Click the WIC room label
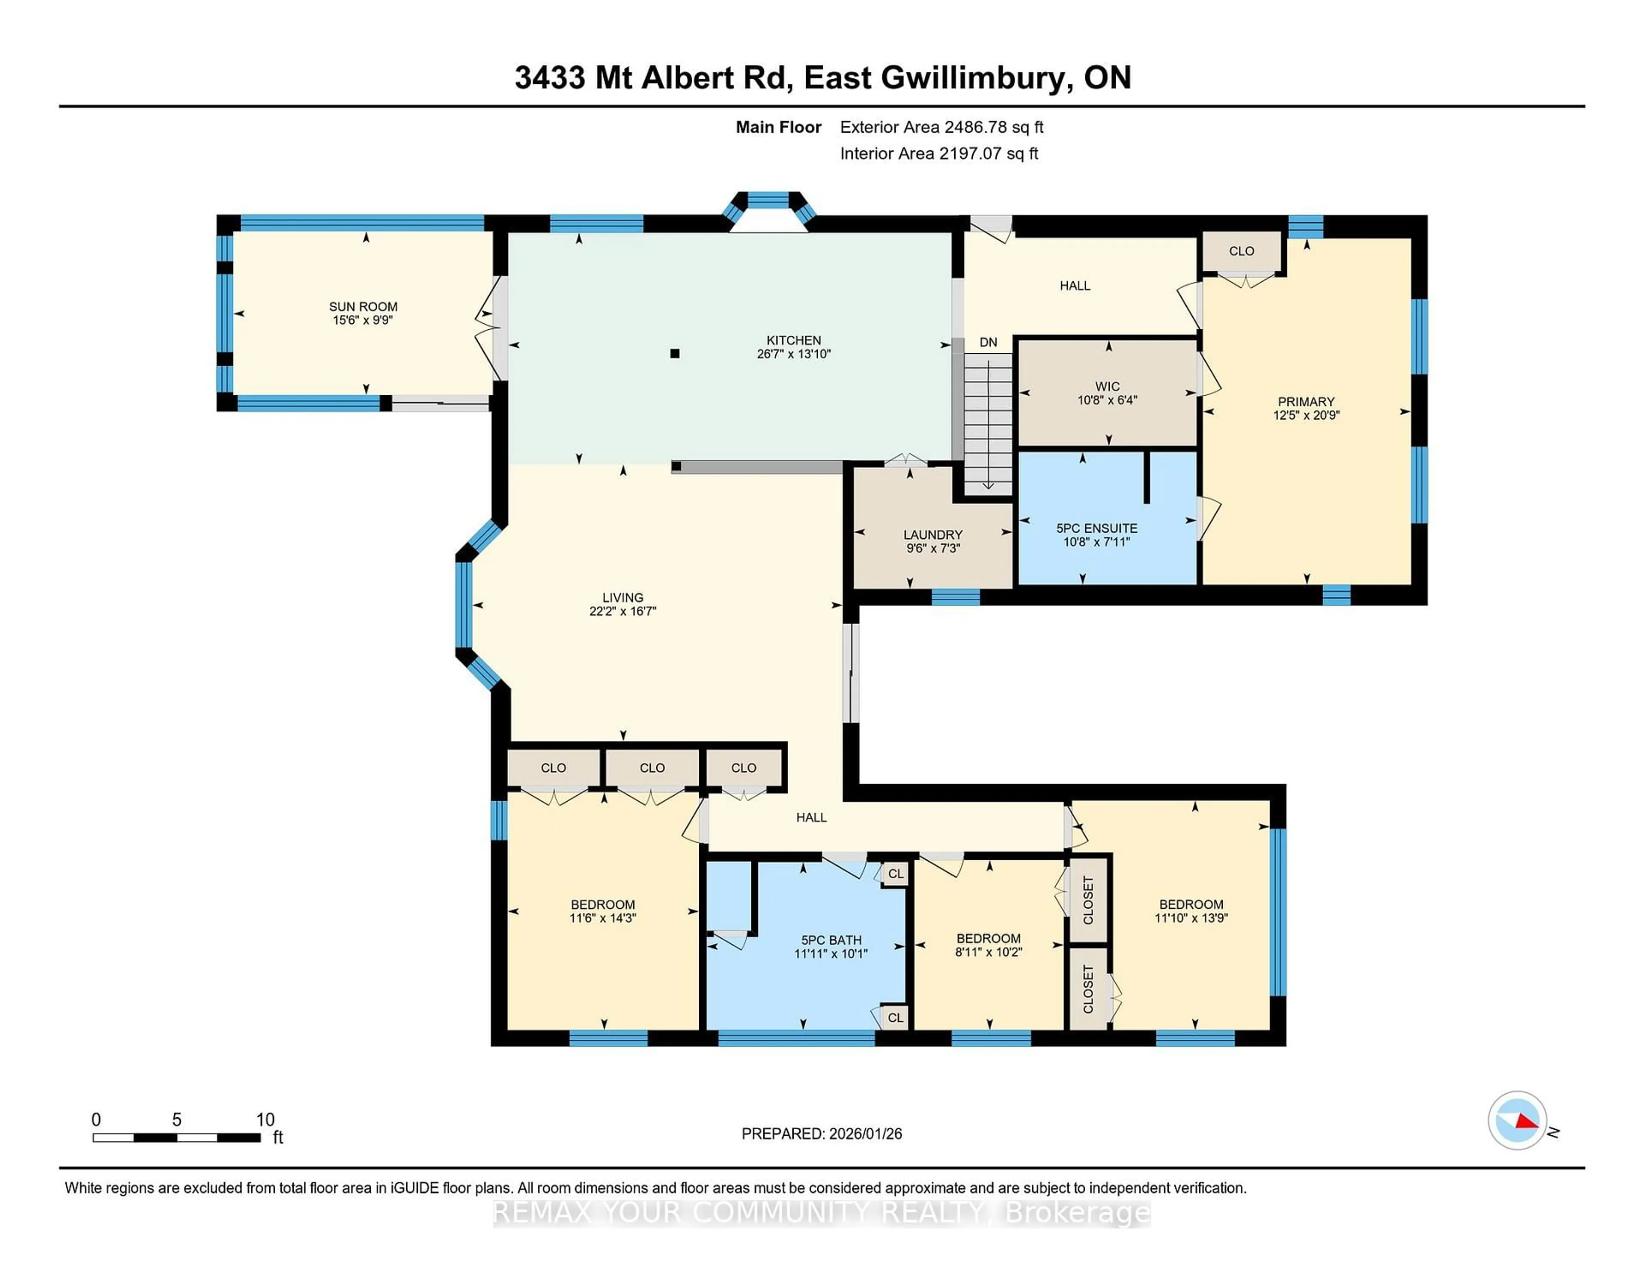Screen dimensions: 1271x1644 tap(1107, 386)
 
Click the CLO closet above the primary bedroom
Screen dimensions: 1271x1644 tap(1241, 251)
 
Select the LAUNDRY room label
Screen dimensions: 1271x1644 tap(932, 534)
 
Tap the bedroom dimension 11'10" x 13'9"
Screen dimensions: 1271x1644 tap(1191, 918)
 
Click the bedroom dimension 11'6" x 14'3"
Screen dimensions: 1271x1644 tap(602, 918)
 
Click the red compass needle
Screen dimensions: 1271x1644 tap(1526, 1122)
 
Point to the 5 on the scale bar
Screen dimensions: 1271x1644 tap(177, 1120)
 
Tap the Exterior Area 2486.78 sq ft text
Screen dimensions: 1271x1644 tap(941, 127)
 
